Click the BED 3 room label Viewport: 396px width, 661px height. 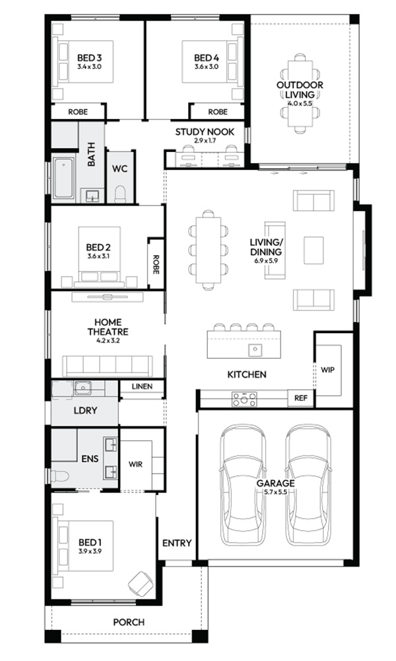tap(89, 58)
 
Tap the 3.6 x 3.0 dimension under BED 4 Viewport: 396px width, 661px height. tap(206, 67)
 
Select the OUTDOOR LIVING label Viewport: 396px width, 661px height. tap(300, 89)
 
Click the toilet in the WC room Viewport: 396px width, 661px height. tap(120, 194)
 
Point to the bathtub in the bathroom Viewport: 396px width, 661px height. tap(64, 178)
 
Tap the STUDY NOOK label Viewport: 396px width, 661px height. tap(205, 132)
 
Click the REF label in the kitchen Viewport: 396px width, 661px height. tap(300, 397)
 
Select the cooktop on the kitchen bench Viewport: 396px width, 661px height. tap(244, 399)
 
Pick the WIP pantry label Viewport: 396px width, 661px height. tap(327, 369)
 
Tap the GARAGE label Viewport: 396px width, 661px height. tap(276, 483)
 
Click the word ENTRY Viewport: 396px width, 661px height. tap(177, 543)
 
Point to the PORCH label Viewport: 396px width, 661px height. tap(129, 622)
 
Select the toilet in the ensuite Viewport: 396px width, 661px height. tap(59, 477)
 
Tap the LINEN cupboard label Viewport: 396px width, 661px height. tap(142, 386)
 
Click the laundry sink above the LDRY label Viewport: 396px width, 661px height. tap(83, 388)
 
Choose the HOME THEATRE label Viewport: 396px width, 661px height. tap(108, 327)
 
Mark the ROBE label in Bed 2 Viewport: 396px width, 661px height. tap(156, 265)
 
